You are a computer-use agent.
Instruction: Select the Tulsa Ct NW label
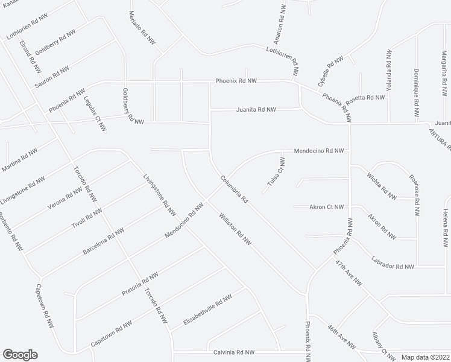tap(275, 172)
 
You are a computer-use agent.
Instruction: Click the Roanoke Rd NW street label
tap(414, 195)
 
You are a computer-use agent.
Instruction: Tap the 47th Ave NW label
tap(350, 273)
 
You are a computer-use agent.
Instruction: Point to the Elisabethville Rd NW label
tap(202, 312)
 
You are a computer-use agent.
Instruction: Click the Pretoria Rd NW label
tap(139, 287)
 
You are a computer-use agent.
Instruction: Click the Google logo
tap(20, 355)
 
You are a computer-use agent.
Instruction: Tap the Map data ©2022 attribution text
tap(425, 356)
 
